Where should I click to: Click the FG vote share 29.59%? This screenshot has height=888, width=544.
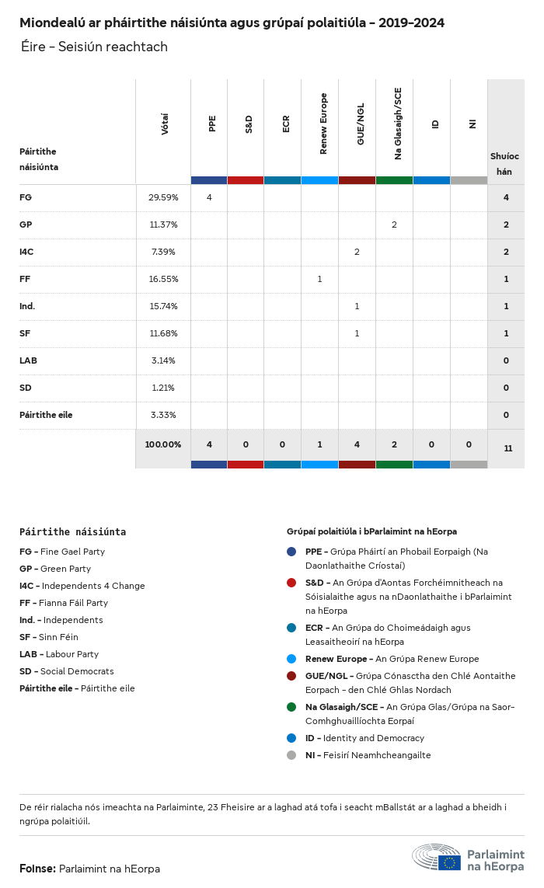tap(163, 197)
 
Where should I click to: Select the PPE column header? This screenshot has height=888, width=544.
tap(212, 124)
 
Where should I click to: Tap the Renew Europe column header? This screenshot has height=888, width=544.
tap(323, 124)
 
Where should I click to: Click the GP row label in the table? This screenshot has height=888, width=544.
tap(26, 225)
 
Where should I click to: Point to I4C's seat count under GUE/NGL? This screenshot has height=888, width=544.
tap(357, 252)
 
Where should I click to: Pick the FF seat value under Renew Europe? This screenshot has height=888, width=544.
tap(319, 279)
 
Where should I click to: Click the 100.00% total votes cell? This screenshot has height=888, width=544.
tap(163, 444)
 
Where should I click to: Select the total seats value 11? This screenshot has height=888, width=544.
tap(507, 448)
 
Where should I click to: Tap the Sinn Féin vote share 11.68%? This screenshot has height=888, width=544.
tap(163, 333)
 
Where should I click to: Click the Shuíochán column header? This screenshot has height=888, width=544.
tap(505, 163)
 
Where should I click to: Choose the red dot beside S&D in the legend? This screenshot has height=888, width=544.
tap(291, 583)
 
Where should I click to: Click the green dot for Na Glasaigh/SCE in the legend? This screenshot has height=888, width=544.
tap(291, 707)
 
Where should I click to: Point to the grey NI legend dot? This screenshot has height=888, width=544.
tap(291, 755)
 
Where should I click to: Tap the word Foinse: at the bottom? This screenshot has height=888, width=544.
tap(37, 869)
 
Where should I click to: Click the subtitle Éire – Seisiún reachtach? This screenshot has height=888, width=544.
tap(94, 47)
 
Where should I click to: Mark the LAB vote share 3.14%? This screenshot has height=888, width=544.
tap(163, 360)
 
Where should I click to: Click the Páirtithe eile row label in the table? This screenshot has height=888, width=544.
tap(46, 415)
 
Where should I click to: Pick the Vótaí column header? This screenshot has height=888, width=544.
tap(165, 124)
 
